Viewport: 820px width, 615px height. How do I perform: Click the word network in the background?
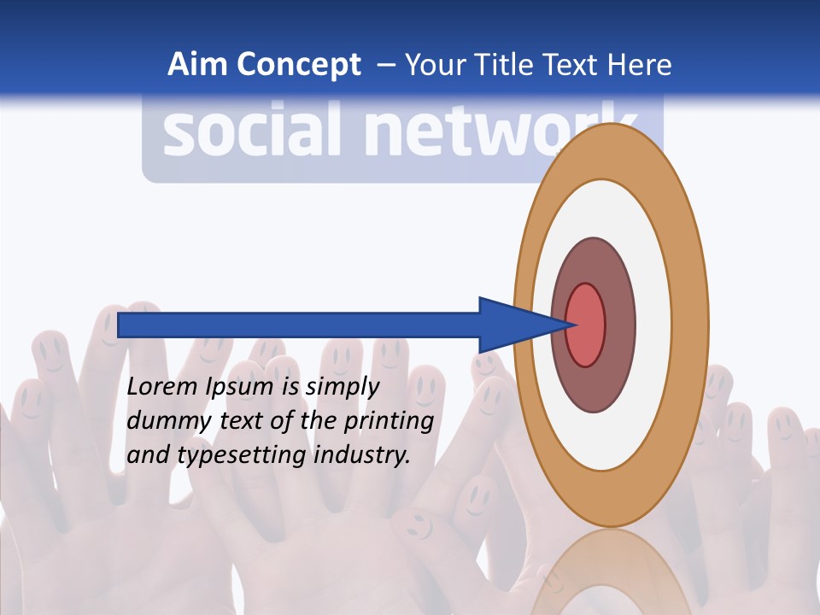click(487, 132)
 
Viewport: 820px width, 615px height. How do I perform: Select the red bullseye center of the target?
click(586, 325)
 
